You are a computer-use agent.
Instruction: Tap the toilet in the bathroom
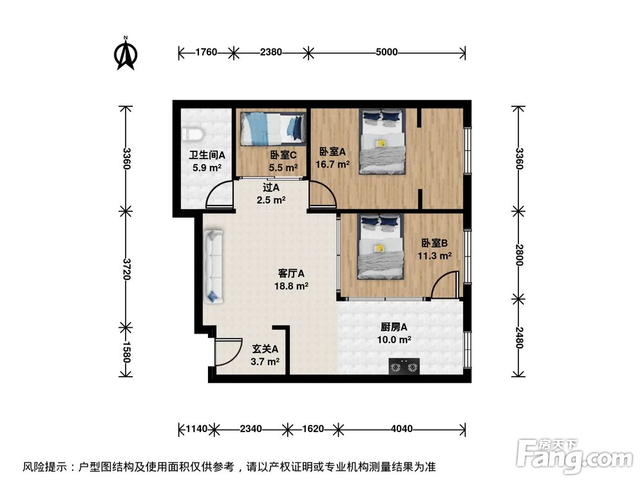click(193, 133)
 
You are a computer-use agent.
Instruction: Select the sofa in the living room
click(213, 267)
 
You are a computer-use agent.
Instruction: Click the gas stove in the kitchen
click(404, 367)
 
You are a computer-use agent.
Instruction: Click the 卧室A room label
click(333, 152)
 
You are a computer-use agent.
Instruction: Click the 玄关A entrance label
click(265, 349)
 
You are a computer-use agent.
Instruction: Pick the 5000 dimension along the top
click(386, 52)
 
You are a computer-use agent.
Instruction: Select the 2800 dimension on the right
click(518, 256)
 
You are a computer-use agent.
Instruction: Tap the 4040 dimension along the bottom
click(401, 428)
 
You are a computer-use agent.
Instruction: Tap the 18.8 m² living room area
click(292, 286)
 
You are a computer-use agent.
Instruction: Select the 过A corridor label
click(270, 188)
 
